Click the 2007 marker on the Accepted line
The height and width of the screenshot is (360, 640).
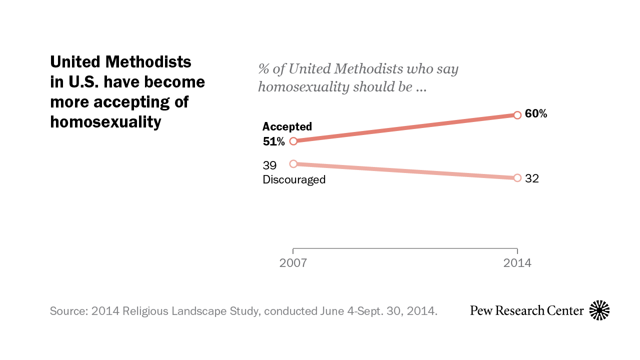click(293, 141)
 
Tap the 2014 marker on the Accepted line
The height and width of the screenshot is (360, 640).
click(517, 115)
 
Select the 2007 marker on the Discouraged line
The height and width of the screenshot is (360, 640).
click(293, 163)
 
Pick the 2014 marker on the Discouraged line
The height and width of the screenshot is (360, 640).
click(517, 178)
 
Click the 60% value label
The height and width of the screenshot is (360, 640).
click(536, 114)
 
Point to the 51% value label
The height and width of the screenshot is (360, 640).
click(273, 141)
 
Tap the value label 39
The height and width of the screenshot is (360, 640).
click(269, 165)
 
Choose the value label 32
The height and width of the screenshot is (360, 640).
click(532, 178)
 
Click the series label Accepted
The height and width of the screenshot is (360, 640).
click(287, 127)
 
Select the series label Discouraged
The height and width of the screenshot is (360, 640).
click(294, 179)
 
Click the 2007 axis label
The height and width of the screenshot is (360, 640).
click(293, 263)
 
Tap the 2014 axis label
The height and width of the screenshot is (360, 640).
click(517, 263)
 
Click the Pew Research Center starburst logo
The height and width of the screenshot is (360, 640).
click(599, 310)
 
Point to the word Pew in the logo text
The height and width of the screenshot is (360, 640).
click(480, 310)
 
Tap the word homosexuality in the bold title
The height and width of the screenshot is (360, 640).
click(105, 121)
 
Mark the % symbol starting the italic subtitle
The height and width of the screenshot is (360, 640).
click(264, 69)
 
